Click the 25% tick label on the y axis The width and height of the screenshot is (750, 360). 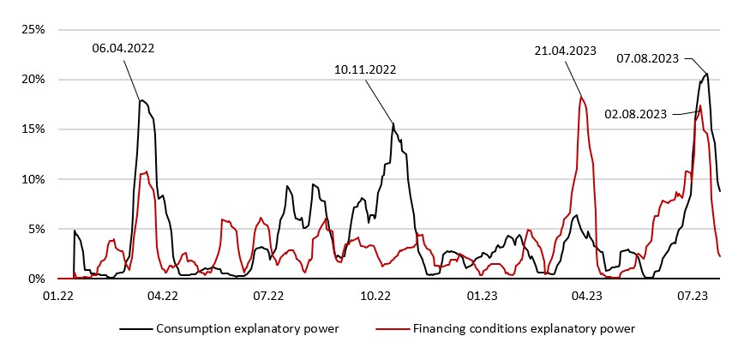click(x=33, y=29)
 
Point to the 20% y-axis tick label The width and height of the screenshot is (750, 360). click(x=33, y=79)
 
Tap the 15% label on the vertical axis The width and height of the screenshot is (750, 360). click(x=33, y=129)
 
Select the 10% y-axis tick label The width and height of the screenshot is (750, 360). click(x=33, y=179)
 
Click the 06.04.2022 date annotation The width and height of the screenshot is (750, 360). click(x=123, y=49)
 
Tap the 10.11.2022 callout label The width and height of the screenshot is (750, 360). click(x=366, y=69)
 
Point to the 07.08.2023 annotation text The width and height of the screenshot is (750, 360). click(x=648, y=58)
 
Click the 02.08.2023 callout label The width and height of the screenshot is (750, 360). click(x=636, y=112)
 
